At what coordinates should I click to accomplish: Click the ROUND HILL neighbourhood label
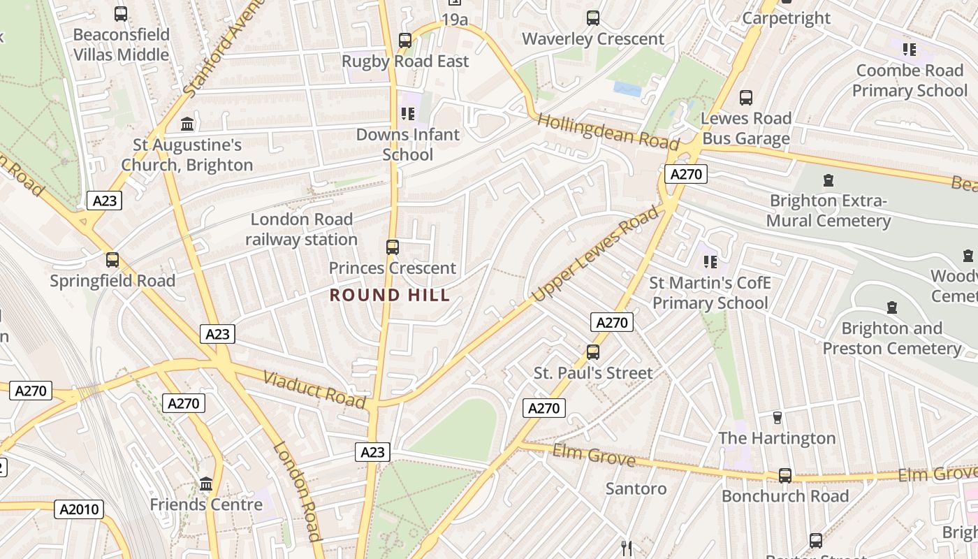[390, 295]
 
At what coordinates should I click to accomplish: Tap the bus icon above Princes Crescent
[393, 247]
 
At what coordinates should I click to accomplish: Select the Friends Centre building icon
[206, 484]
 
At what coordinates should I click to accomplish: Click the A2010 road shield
[80, 509]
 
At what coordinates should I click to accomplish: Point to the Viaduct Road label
[314, 390]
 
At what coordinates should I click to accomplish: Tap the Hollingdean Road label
[608, 132]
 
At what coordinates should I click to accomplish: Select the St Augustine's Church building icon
[187, 124]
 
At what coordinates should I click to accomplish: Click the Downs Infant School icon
[408, 113]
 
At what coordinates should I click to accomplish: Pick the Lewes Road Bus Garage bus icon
[746, 98]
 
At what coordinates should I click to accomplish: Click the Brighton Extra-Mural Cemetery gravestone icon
[829, 180]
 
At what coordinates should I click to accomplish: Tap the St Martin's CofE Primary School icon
[710, 262]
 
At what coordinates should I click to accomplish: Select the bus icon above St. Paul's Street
[593, 351]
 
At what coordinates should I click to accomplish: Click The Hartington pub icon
[777, 418]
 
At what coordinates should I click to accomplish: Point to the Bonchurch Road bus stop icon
[785, 476]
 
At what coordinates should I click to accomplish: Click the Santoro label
[636, 488]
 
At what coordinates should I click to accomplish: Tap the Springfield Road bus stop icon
[112, 260]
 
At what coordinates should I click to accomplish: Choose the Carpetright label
[787, 18]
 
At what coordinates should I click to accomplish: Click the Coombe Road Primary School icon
[910, 49]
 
